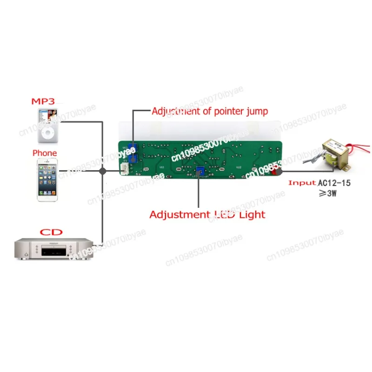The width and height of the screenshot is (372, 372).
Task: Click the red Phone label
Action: (x=45, y=153)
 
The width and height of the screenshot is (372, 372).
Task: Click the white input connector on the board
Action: (x=124, y=171)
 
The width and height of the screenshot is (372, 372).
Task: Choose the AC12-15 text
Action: (x=334, y=183)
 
